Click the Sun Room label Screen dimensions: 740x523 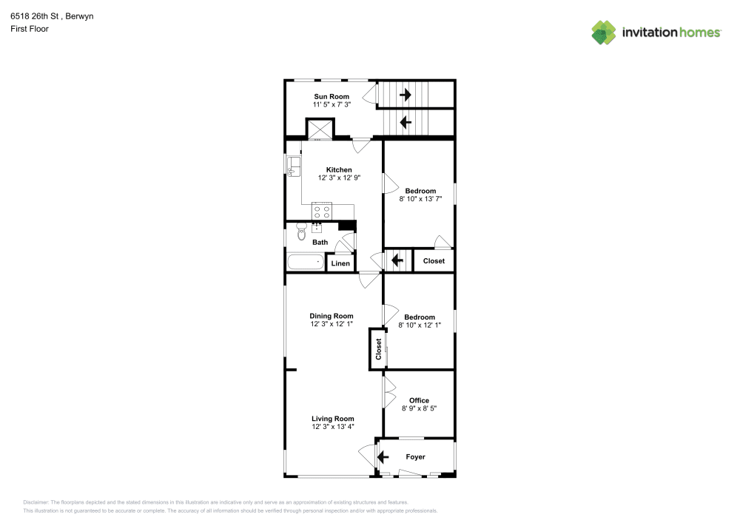tap(332, 96)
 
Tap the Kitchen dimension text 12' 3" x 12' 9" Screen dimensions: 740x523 tap(339, 178)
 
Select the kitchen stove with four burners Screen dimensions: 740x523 tap(322, 212)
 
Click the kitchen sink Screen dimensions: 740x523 tap(294, 166)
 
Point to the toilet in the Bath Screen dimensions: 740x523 tap(302, 232)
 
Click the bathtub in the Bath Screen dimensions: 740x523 tap(306, 262)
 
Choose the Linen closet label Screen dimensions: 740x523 tap(340, 263)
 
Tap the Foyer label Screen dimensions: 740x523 tap(415, 456)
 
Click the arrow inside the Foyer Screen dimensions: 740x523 tap(383, 457)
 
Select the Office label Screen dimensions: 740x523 tap(419, 400)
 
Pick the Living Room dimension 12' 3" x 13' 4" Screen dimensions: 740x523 tap(333, 426)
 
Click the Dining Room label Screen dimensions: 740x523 tap(332, 315)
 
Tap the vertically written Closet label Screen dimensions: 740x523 tap(378, 349)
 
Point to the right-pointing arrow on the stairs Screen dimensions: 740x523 tap(405, 95)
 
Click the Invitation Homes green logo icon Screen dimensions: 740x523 tap(604, 33)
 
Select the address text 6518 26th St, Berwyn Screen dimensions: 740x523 tap(52, 16)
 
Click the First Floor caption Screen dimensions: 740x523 tap(30, 29)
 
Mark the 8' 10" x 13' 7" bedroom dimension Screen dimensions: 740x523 tap(420, 199)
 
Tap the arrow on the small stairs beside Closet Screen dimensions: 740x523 tap(397, 260)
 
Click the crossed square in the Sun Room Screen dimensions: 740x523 tap(320, 129)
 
